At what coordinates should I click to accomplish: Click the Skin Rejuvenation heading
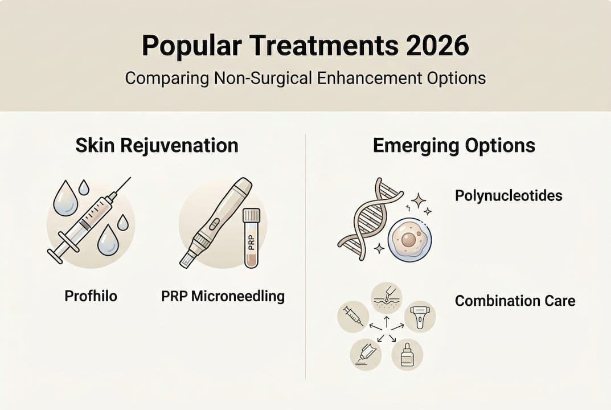pyautogui.click(x=157, y=145)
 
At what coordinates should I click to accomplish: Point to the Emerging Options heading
pyautogui.click(x=454, y=145)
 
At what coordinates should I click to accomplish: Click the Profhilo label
pyautogui.click(x=91, y=296)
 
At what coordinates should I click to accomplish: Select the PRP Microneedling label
pyautogui.click(x=223, y=296)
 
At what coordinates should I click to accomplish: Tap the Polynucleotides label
pyautogui.click(x=509, y=196)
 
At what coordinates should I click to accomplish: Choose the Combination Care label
pyautogui.click(x=515, y=300)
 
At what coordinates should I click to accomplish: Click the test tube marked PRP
pyautogui.click(x=251, y=237)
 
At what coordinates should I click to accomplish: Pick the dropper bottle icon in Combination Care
pyautogui.click(x=407, y=355)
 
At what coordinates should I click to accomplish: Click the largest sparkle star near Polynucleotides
pyautogui.click(x=418, y=199)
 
